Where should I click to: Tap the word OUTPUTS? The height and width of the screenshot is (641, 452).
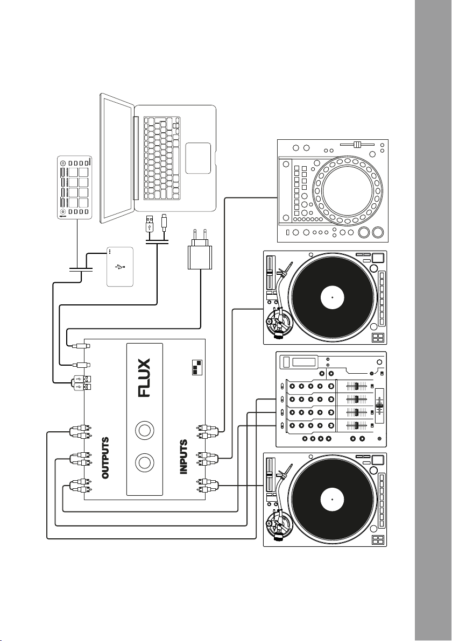click(x=106, y=458)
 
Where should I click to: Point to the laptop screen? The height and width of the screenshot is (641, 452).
click(x=117, y=157)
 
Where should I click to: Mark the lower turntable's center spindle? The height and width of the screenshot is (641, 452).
click(x=333, y=500)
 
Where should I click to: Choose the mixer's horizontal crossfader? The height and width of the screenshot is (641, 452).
click(x=379, y=403)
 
